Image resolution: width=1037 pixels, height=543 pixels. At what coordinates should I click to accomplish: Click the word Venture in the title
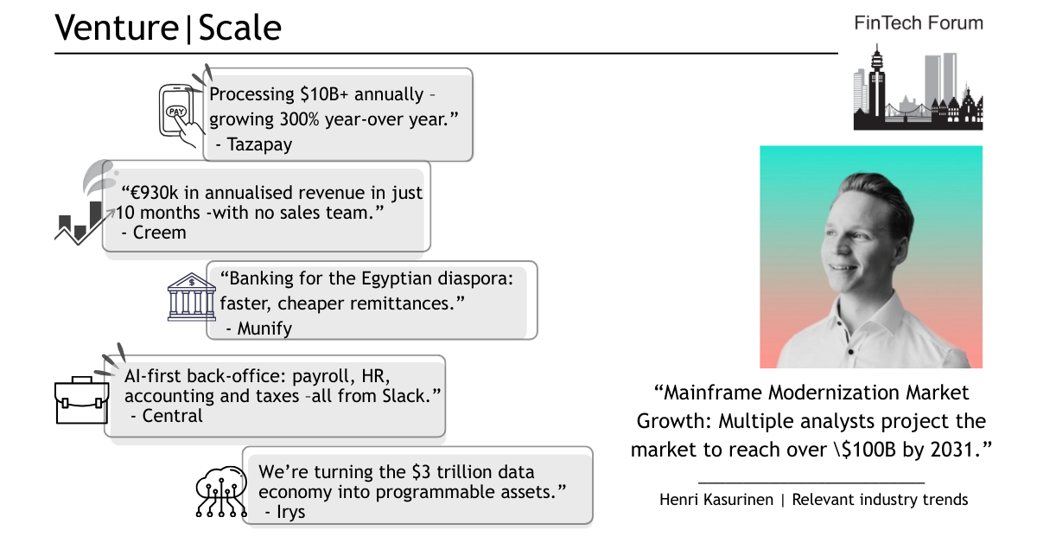(117, 28)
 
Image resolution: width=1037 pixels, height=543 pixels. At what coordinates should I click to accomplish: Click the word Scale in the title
(240, 28)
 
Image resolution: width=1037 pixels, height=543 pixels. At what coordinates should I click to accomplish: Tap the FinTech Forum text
(919, 23)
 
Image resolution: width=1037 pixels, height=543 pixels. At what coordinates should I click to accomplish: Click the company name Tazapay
(259, 144)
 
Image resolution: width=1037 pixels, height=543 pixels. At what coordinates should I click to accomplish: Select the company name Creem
(159, 233)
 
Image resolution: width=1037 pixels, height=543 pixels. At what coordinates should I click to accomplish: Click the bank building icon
(192, 297)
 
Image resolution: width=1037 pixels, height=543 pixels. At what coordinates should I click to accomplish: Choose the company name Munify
(264, 329)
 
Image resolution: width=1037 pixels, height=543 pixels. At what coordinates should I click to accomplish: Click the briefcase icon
(82, 400)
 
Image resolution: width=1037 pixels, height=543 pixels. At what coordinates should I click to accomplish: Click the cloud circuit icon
(221, 492)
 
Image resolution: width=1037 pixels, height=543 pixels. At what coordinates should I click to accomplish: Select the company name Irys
(290, 512)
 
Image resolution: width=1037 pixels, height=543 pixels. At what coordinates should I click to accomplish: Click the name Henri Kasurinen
(716, 500)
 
